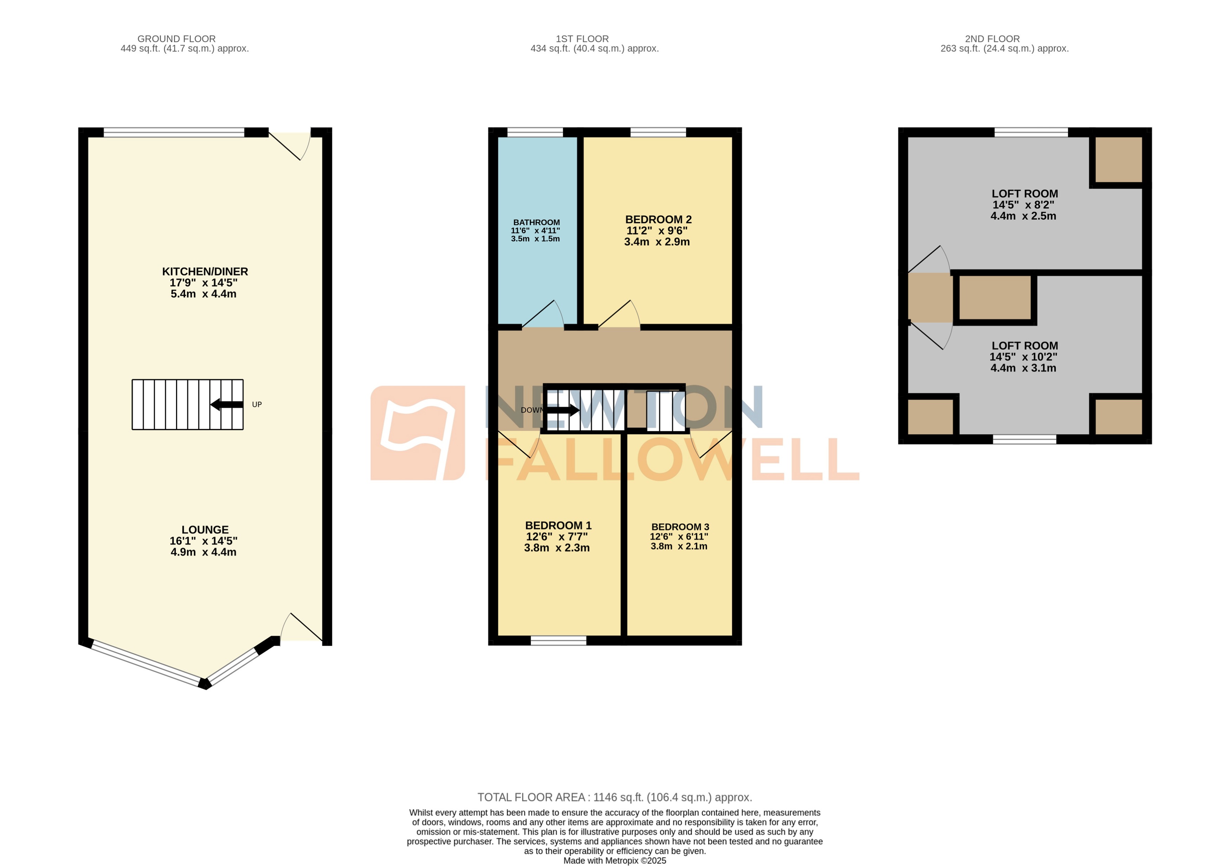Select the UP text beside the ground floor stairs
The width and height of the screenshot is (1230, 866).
click(257, 405)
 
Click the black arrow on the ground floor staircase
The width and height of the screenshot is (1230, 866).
click(227, 405)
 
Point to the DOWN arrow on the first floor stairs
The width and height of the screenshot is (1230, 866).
click(563, 411)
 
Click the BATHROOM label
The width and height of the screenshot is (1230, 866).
click(536, 222)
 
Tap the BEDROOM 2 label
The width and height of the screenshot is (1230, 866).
click(658, 220)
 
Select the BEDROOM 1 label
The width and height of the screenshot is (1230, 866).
click(558, 526)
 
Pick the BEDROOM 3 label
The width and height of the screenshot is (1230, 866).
click(680, 527)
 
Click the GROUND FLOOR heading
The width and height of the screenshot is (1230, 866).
click(176, 39)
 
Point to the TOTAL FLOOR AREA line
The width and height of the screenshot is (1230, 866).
click(614, 797)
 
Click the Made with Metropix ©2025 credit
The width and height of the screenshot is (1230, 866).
click(614, 861)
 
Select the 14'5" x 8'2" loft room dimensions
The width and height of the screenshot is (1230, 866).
click(1023, 205)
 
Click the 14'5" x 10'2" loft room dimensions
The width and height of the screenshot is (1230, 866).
click(1023, 357)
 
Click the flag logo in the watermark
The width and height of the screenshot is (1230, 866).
click(417, 433)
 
